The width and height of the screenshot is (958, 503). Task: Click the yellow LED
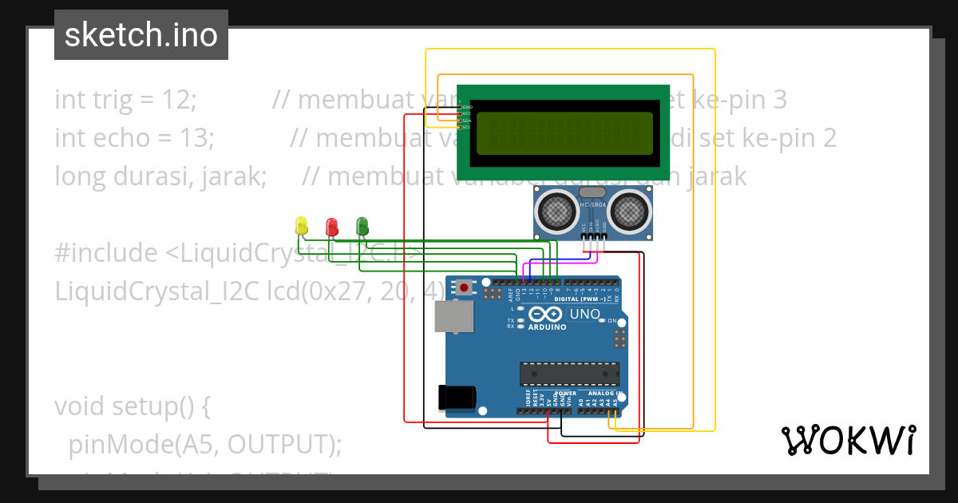point(301,226)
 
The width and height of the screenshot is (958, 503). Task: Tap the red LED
point(331,227)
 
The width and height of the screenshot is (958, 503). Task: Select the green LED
point(362,226)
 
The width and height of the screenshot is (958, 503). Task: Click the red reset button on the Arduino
point(463,286)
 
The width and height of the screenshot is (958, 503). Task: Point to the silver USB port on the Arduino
point(453,317)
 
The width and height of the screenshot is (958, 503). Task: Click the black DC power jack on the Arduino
point(457,397)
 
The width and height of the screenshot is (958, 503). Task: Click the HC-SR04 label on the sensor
point(592,205)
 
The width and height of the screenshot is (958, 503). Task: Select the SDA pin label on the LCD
point(466,121)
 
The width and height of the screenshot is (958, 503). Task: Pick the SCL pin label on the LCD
point(466,127)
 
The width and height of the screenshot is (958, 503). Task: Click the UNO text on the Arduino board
point(585,315)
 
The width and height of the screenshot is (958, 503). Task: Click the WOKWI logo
point(848,440)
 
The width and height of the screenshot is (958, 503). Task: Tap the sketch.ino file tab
point(141,35)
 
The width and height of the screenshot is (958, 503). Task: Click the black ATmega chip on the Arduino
point(569,373)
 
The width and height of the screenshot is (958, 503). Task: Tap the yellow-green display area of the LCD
point(564,133)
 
